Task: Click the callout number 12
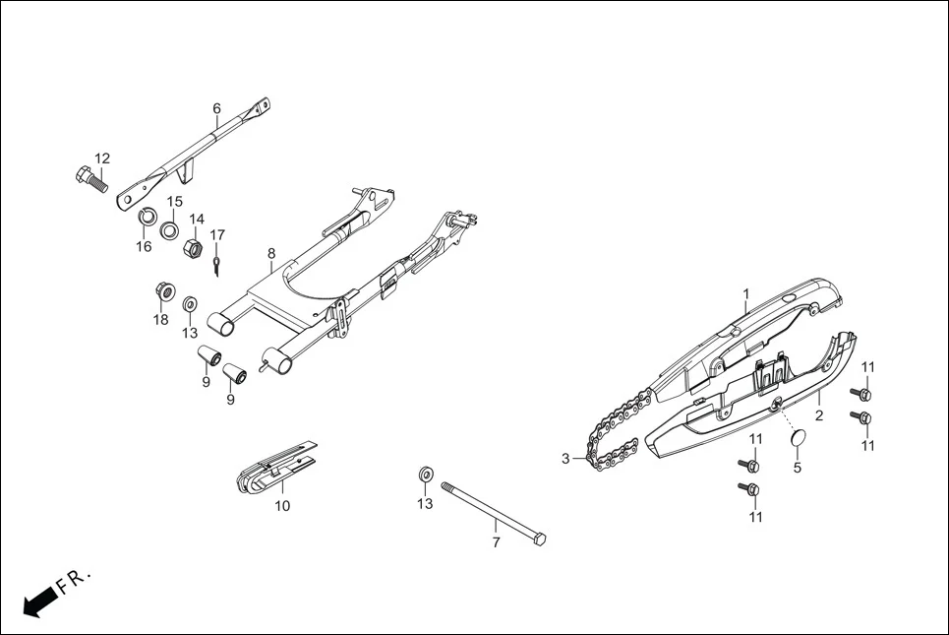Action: coord(102,159)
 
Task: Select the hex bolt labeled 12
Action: coord(89,180)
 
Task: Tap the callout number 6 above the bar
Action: coord(216,108)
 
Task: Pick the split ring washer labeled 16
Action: coord(145,216)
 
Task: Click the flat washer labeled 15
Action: coord(170,232)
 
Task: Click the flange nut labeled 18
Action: coord(164,292)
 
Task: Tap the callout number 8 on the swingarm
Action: coord(271,253)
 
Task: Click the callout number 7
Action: coord(496,541)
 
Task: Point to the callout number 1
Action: coord(746,293)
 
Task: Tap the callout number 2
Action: coord(819,415)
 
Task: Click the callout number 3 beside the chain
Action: coord(565,459)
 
